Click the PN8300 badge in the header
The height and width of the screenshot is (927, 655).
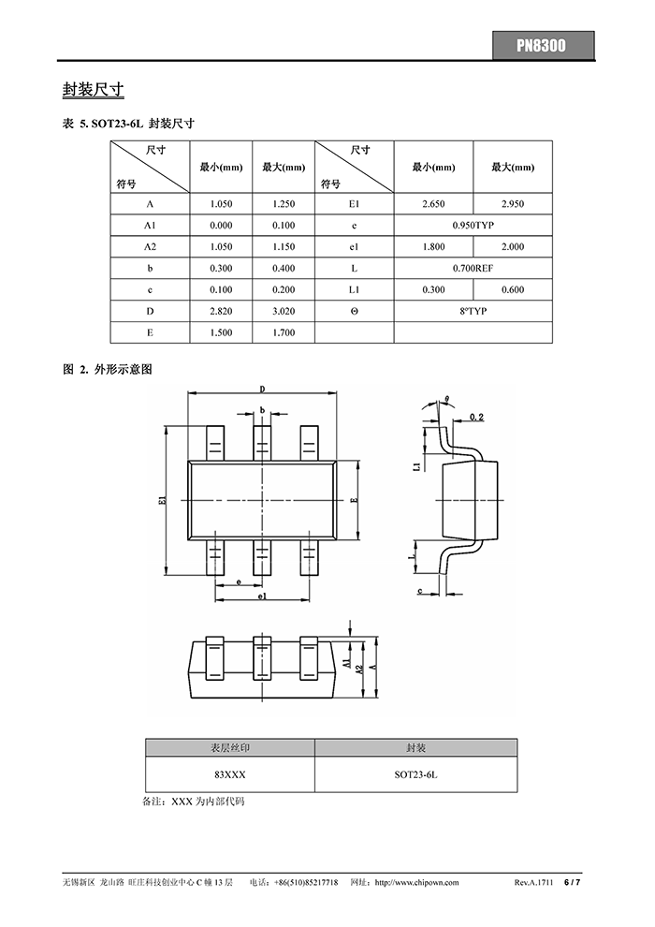pos(543,45)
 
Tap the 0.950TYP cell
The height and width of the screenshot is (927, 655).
pos(473,226)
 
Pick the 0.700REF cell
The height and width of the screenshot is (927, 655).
pos(473,269)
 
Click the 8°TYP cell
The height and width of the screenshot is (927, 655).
pos(473,312)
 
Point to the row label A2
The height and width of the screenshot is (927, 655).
pos(150,247)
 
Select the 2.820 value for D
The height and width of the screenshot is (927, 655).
pos(221,312)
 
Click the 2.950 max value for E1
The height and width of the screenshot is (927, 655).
pos(513,204)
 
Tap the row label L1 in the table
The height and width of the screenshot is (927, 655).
pos(354,290)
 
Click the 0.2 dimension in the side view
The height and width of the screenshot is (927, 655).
pos(475,417)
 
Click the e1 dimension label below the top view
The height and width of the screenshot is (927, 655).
pos(263,596)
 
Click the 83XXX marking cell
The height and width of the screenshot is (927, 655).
pos(229,775)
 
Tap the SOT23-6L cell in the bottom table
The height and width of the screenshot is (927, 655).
pos(415,775)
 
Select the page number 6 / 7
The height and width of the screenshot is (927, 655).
pos(572,883)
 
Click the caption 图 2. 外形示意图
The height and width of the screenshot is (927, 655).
pos(107,371)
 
